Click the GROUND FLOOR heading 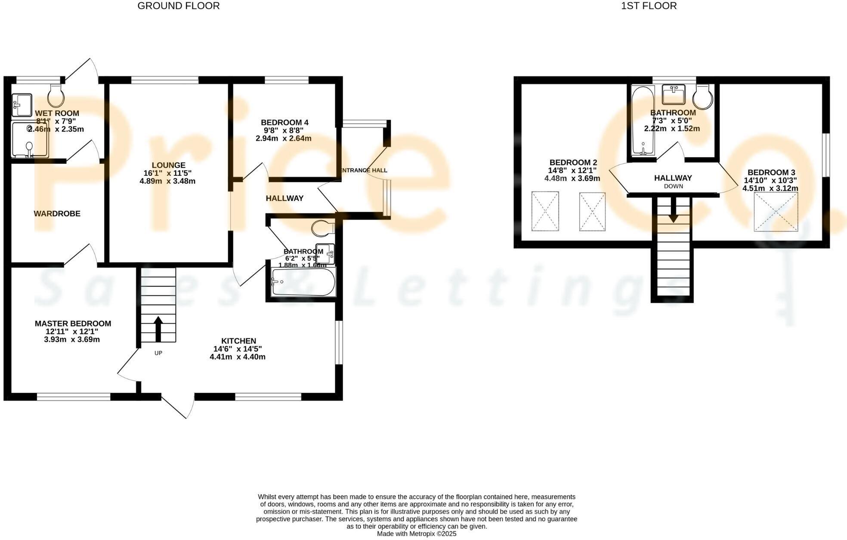click(178, 6)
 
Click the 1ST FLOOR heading click(649, 6)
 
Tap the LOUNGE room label click(168, 165)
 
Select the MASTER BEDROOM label click(73, 323)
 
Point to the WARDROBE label click(57, 214)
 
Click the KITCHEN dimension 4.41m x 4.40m click(238, 357)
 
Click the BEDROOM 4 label click(284, 123)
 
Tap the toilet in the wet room click(56, 95)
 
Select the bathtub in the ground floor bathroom click(303, 282)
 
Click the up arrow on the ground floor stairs click(158, 329)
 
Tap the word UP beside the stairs click(158, 353)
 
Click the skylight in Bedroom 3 click(776, 212)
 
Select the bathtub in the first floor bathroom click(643, 120)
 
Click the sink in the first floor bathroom click(673, 94)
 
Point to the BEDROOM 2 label click(573, 163)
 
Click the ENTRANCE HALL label click(364, 170)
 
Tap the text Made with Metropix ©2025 click(416, 534)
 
